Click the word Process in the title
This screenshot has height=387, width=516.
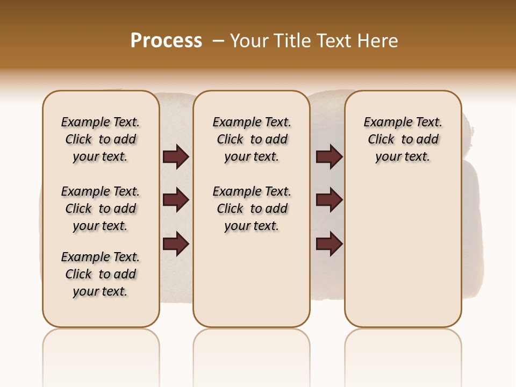coord(166,41)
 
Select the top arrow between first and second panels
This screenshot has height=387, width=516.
coord(176,157)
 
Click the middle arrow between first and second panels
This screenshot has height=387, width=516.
coord(176,200)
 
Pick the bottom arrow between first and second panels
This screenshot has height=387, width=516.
coord(176,243)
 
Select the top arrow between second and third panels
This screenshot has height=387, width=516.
coord(329,157)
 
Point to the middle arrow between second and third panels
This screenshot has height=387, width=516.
coord(329,200)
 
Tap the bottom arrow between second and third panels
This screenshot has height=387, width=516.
coord(329,243)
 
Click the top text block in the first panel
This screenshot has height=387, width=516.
coord(101,139)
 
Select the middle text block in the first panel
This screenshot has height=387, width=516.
coord(101,209)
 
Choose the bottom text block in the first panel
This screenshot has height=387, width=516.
coord(101,274)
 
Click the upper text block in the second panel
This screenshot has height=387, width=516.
coord(252,139)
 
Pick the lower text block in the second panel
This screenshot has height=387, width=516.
coord(252,209)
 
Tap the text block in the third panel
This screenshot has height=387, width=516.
coord(403,139)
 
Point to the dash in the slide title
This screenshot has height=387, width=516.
coord(218,41)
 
